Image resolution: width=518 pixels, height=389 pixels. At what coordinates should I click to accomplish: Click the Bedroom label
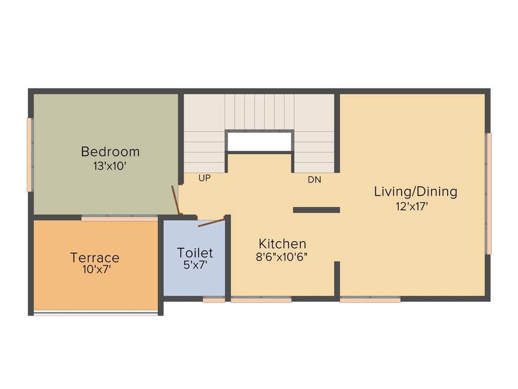[x=110, y=151]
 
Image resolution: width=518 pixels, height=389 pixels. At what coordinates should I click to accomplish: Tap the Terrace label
[x=95, y=257]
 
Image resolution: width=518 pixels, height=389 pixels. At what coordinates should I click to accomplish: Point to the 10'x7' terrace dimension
[x=97, y=269]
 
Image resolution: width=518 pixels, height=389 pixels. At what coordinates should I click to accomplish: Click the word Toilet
[x=195, y=252]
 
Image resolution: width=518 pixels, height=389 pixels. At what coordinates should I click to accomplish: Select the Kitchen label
[x=282, y=243]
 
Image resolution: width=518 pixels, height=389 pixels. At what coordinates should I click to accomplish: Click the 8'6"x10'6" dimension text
[x=282, y=256]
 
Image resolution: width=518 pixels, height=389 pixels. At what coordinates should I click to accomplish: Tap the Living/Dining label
[x=415, y=191]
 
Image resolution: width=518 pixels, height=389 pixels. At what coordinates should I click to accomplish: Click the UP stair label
[x=204, y=178]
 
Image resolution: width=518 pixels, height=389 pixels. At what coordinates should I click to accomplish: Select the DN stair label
[x=314, y=180]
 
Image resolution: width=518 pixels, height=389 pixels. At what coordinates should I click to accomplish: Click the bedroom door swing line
[x=175, y=200]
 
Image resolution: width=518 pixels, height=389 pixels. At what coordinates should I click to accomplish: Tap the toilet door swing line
[x=211, y=223]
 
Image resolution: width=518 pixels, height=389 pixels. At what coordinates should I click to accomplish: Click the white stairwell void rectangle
[x=259, y=142]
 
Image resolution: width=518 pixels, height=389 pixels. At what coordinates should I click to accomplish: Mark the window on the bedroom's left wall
[x=29, y=154]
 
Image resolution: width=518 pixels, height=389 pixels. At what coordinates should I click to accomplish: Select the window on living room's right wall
[x=489, y=193]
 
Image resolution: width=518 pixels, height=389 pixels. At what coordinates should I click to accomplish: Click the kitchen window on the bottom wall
[x=261, y=300]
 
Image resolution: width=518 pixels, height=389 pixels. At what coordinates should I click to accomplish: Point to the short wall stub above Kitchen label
[x=316, y=210]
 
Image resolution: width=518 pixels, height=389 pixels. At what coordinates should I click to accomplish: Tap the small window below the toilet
[x=213, y=300]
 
